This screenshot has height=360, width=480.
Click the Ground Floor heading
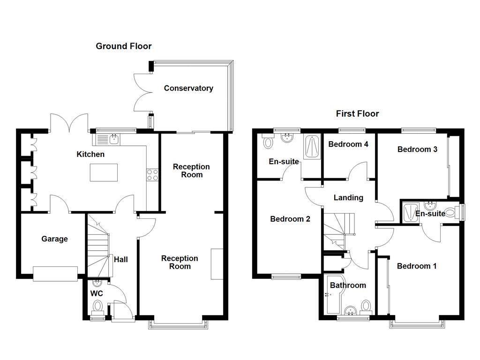[x=124, y=46]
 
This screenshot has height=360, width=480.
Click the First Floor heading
[x=357, y=113]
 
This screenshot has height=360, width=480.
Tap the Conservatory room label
[x=188, y=88]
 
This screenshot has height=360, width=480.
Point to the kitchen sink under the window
[x=113, y=139]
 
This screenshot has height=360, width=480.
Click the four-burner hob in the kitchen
[x=153, y=174]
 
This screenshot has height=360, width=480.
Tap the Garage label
[x=54, y=239]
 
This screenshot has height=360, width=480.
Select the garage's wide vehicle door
[x=55, y=274]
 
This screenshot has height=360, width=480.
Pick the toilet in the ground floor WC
[x=97, y=306]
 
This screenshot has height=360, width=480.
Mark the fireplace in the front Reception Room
[x=217, y=264]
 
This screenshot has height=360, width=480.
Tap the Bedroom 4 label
[x=348, y=144]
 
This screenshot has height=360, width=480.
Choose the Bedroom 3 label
[x=417, y=150]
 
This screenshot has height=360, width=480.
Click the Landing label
[x=348, y=198]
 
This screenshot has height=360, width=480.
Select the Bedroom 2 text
[x=290, y=219]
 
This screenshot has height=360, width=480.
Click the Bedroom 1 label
[x=417, y=266]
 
